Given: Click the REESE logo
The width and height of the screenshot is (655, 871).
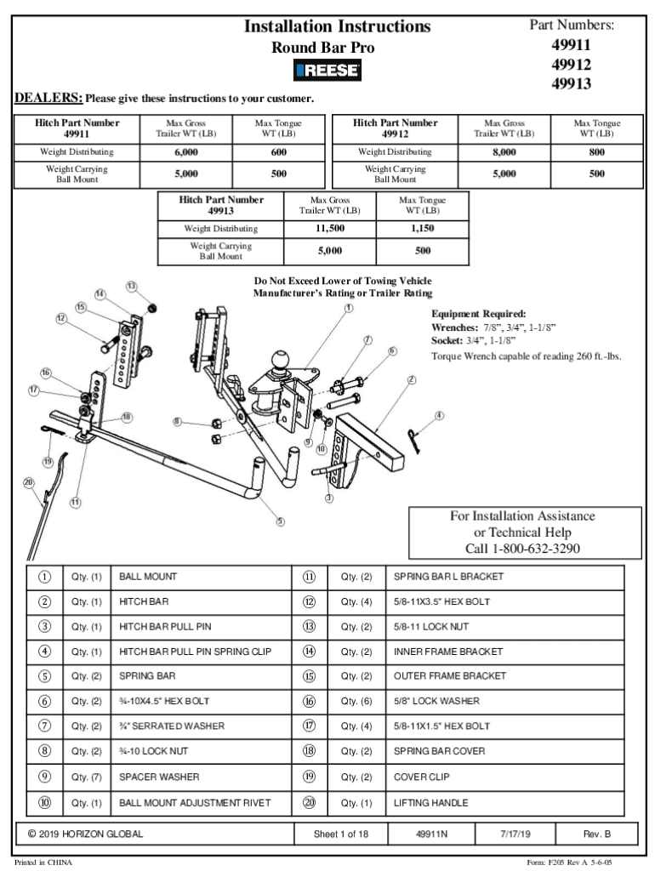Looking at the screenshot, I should [x=327, y=71].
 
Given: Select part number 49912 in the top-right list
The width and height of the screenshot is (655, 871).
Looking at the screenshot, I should [x=572, y=65].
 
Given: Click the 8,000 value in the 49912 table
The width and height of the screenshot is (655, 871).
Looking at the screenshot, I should [x=504, y=152].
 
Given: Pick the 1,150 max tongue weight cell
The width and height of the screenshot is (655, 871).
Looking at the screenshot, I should [x=423, y=229].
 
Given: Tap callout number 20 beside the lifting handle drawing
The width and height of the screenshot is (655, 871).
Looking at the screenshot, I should [x=28, y=482].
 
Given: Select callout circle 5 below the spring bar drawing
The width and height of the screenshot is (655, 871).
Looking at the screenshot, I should [x=280, y=521].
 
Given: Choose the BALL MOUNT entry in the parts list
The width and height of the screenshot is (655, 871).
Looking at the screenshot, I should [x=148, y=577].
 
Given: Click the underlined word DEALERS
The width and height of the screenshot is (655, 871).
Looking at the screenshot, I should [x=48, y=98].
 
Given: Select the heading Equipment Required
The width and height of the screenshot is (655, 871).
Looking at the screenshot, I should [x=479, y=313].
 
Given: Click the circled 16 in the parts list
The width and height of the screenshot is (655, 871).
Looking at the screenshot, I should [x=309, y=702].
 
